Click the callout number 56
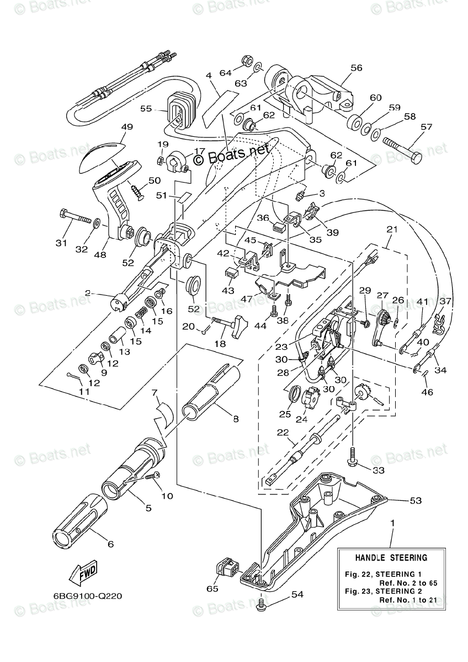click(x=356, y=68)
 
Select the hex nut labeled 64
click(x=247, y=61)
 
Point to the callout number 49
click(x=127, y=127)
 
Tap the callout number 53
click(x=416, y=500)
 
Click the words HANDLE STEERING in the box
click(x=391, y=558)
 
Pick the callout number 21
click(x=392, y=229)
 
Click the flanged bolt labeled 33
click(x=354, y=461)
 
